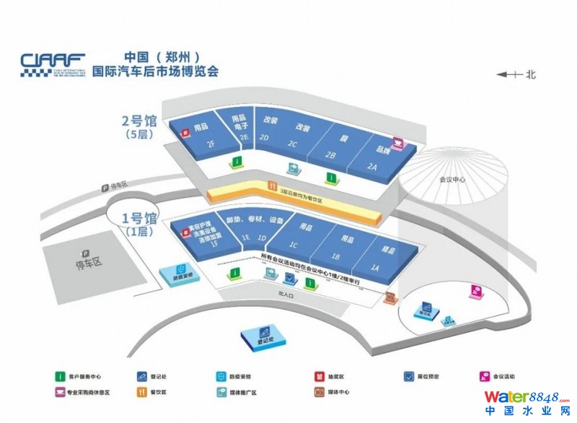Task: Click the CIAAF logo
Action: (x=53, y=64)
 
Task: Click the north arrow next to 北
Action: (x=508, y=74)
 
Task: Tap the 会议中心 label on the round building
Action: (x=453, y=181)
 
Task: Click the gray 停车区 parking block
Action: (x=84, y=260)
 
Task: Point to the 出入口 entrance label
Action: (x=287, y=295)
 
